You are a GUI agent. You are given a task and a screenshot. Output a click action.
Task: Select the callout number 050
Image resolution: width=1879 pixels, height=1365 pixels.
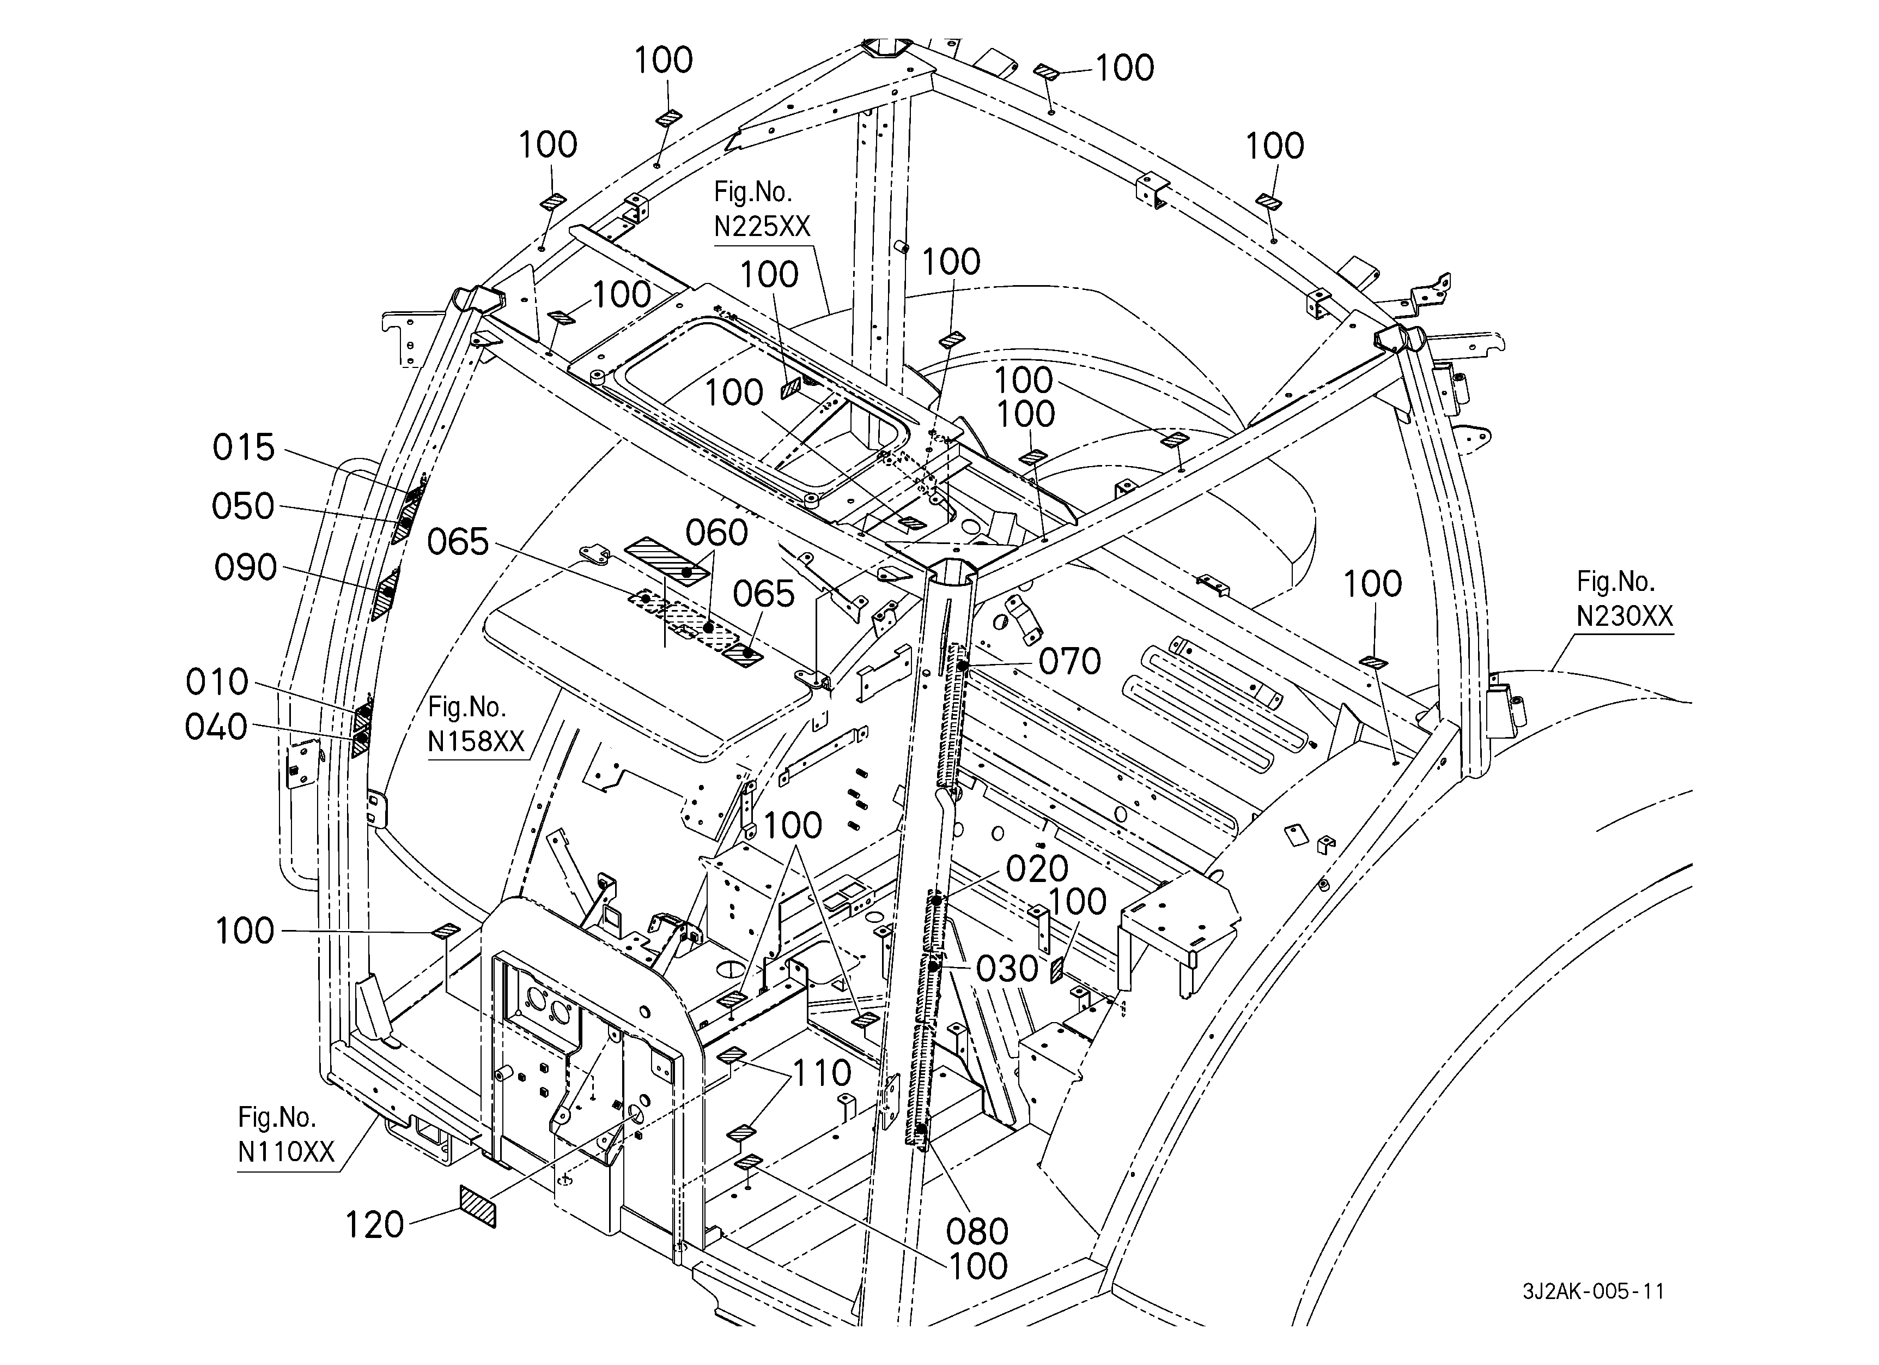[x=243, y=506]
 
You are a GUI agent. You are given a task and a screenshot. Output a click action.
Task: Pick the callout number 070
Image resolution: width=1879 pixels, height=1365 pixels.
[x=1069, y=662]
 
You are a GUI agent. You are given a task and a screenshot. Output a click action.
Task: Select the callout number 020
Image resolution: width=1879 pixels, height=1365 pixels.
[x=1037, y=869]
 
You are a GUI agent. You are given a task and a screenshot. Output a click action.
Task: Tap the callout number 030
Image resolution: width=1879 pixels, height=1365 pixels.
[x=1007, y=969]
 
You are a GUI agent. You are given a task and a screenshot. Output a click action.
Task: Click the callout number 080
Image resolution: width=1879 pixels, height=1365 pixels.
[x=977, y=1233]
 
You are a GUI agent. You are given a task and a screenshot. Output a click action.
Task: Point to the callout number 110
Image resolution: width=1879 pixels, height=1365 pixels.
[x=822, y=1073]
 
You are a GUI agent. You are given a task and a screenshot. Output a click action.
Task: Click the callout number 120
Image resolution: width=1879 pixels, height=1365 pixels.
[x=374, y=1225]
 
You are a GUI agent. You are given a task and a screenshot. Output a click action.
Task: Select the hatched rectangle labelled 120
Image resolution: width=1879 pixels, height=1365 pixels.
[x=478, y=1206]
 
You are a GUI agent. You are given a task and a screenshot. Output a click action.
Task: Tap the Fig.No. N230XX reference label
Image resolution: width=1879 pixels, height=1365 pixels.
[x=1625, y=599]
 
